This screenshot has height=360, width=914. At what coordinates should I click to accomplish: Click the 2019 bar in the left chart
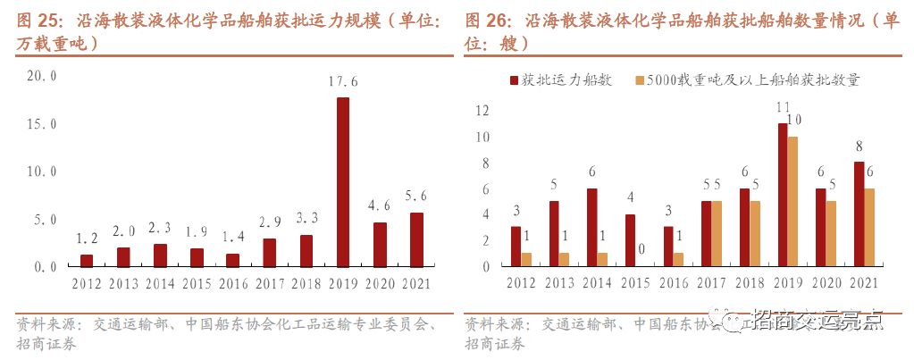pos(343,182)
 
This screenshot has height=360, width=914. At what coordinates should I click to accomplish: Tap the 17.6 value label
pos(343,82)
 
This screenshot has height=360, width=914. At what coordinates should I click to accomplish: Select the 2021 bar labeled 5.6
pos(416,239)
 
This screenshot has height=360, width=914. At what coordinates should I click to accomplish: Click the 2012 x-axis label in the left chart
pos(87,284)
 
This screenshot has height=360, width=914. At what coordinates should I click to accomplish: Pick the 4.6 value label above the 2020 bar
pos(380,205)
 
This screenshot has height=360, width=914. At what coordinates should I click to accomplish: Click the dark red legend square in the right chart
pos(515,80)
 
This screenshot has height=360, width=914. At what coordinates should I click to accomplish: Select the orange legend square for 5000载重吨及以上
pos(639,80)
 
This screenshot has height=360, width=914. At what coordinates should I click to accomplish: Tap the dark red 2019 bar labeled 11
pos(783,195)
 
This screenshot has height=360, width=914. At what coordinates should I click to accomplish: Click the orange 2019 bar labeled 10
pos(793,202)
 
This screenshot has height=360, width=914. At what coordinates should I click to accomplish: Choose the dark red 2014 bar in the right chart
pos(591,228)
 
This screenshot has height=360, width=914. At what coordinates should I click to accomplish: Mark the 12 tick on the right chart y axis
pos(482,111)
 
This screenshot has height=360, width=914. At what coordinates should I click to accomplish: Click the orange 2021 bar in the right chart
pos(869,228)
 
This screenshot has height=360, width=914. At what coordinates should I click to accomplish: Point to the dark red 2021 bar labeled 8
pos(859,214)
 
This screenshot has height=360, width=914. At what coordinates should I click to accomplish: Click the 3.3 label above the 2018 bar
pos(306,217)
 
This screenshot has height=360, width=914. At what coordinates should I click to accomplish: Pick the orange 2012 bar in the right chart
pos(526,260)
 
